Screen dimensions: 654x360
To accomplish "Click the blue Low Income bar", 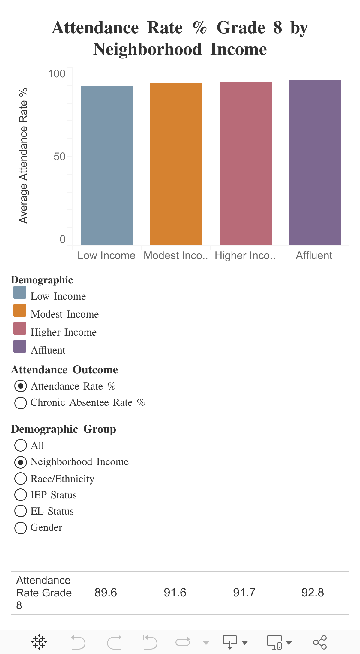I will point(107,166).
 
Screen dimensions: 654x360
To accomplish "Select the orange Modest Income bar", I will point(176,164).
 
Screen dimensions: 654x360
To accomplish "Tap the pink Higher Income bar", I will point(246,163).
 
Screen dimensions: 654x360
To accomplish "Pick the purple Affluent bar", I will point(315,163).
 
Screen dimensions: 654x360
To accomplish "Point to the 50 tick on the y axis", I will point(59,157).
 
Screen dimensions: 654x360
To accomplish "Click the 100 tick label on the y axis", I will point(57,74).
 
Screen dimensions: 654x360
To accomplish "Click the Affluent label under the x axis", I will point(314,255).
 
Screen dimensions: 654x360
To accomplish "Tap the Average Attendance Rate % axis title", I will point(23,156).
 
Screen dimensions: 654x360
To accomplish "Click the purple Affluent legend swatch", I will point(20,346).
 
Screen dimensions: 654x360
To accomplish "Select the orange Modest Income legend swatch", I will point(20,310).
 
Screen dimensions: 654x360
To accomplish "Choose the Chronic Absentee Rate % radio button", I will point(21,403).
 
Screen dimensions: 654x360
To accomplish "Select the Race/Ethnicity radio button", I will point(21,479).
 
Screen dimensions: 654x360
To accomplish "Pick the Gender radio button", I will point(21,528).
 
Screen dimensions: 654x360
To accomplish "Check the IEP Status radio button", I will point(21,495).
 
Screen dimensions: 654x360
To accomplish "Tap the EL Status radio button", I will point(21,511).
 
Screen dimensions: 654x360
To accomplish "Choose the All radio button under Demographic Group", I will point(21,445).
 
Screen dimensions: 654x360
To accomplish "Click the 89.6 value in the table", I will point(106,593).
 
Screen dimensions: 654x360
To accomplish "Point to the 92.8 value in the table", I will point(313,593).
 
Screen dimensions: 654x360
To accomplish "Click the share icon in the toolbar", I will point(320,642).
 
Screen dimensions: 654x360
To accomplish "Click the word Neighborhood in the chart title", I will point(147,49).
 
